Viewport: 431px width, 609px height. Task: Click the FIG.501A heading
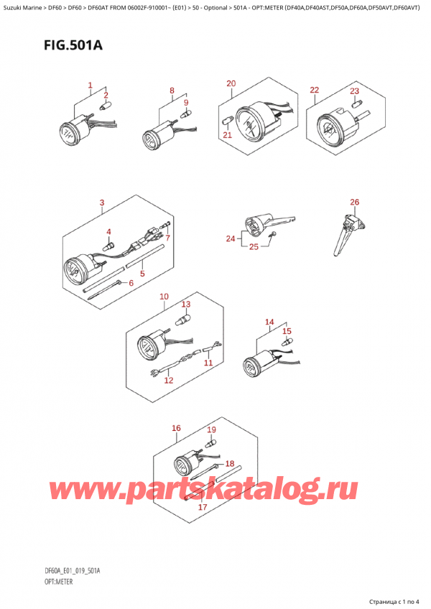[x=73, y=45]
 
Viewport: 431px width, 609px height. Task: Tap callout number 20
[x=231, y=83]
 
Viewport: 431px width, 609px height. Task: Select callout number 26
[x=354, y=202]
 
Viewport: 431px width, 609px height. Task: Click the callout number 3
[x=102, y=203]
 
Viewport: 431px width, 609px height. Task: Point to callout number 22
[x=315, y=90]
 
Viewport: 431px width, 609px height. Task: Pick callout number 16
[x=176, y=428]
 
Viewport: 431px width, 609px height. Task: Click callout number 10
[x=164, y=297]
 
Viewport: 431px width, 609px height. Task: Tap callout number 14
[x=269, y=322]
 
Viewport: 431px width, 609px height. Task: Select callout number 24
[x=231, y=238]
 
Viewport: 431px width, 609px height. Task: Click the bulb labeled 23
[x=356, y=103]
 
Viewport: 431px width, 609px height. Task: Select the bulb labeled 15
[x=287, y=342]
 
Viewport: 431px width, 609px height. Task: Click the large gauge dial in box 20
[x=248, y=124]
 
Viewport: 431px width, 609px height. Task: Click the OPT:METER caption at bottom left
[x=59, y=582]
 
